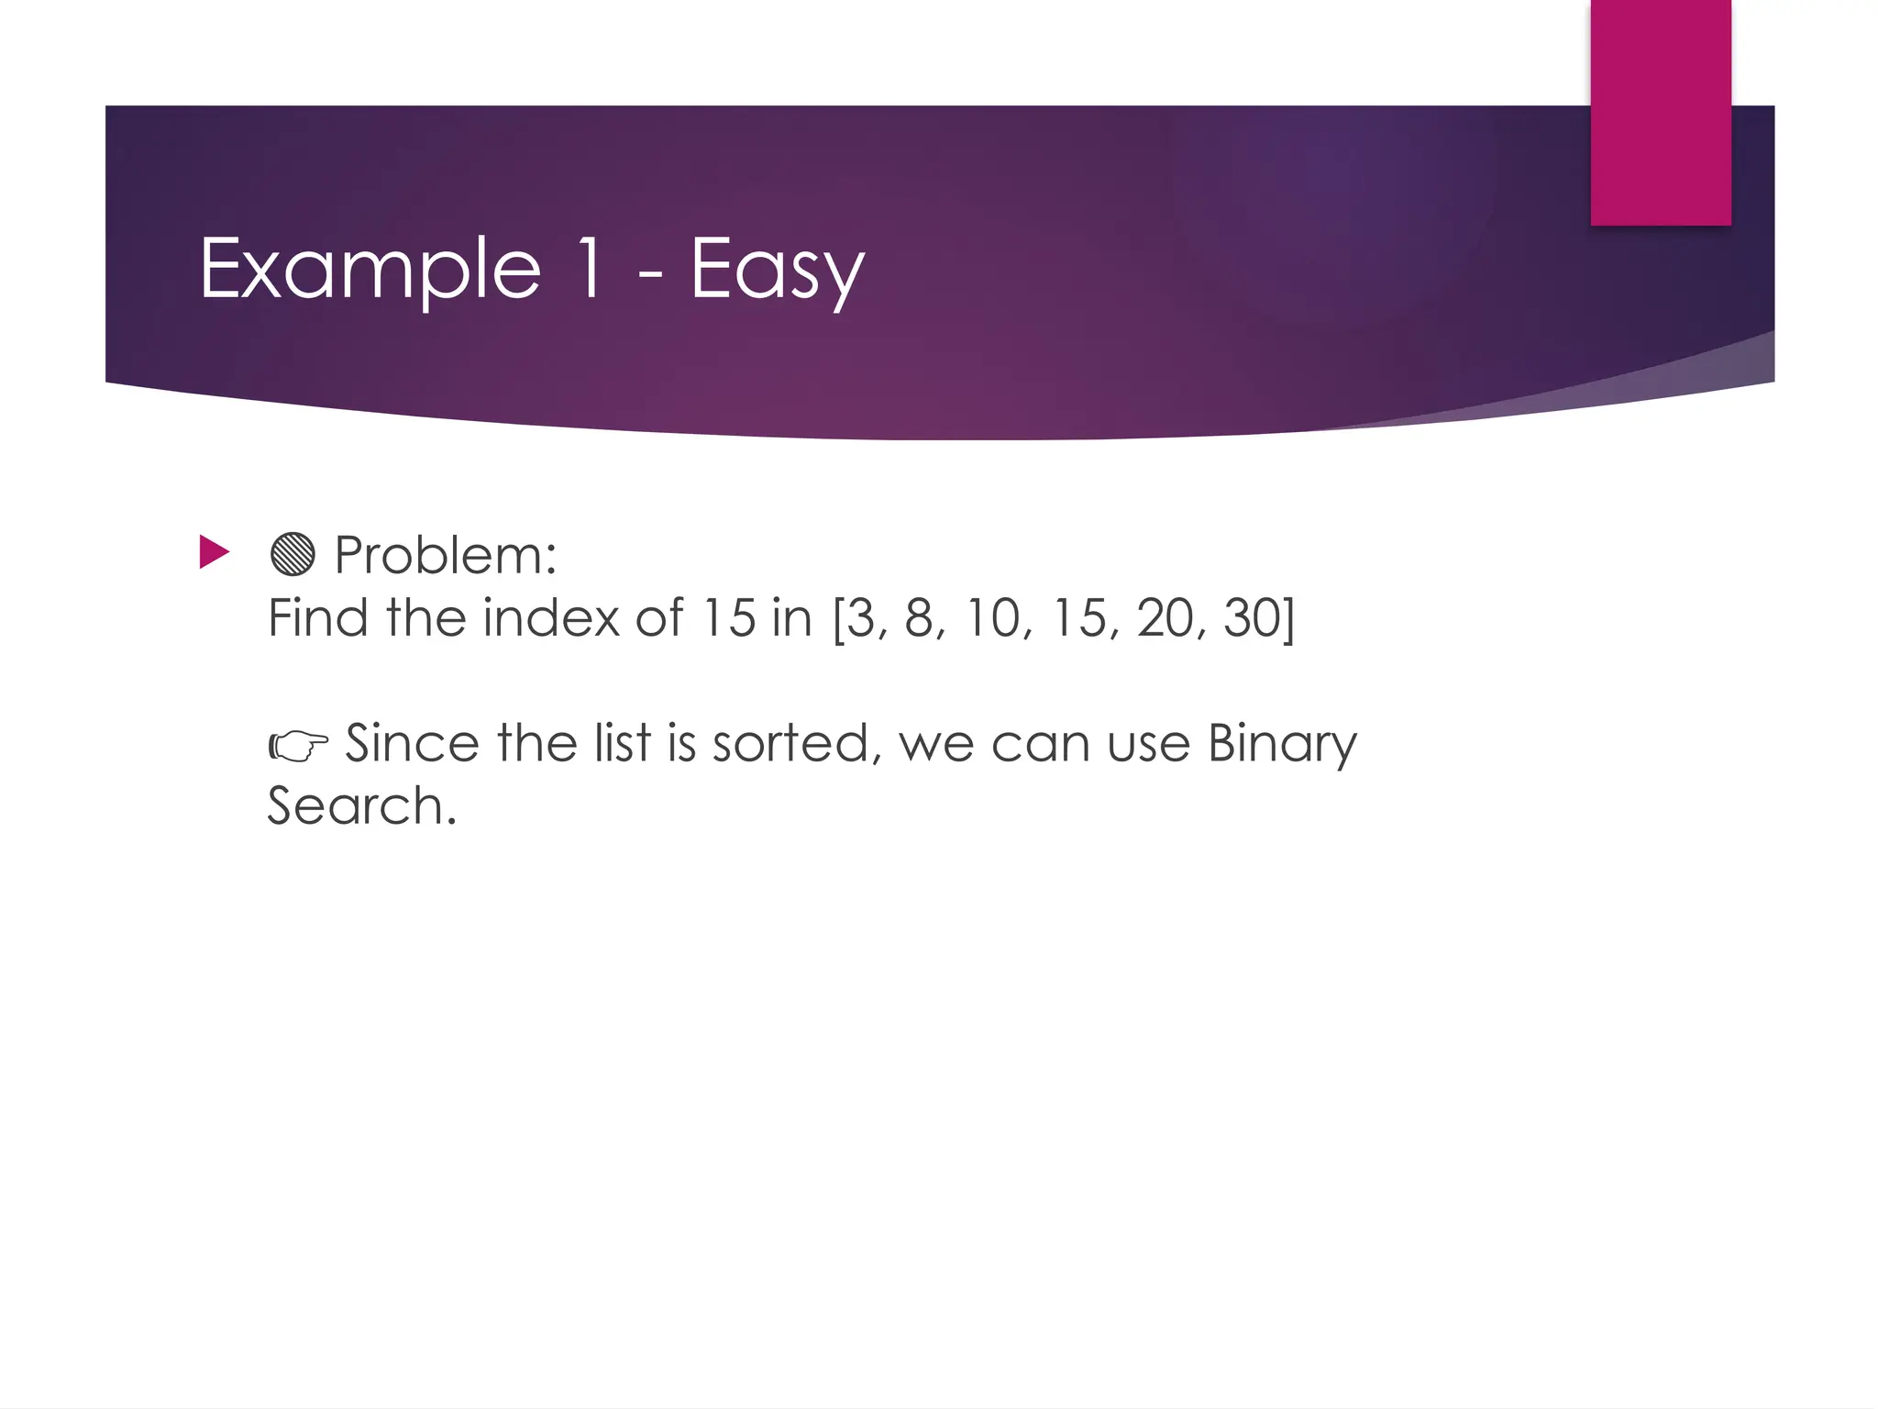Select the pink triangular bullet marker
pos(214,552)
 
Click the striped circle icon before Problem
pos(293,554)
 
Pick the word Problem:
pos(446,555)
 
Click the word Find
pos(318,617)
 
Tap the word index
pos(551,617)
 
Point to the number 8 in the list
pos(920,617)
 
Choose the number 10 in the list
pos(993,617)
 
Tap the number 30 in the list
pos(1253,617)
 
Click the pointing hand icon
pos(298,746)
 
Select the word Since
pos(411,743)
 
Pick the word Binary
pos(1281,745)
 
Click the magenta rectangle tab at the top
pos(1661,112)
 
